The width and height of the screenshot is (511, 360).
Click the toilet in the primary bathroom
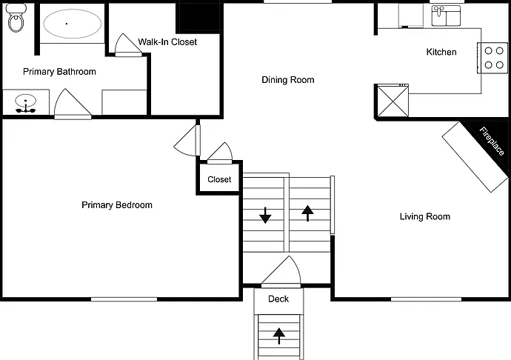pos(16,19)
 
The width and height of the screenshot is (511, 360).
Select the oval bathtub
pos(72,24)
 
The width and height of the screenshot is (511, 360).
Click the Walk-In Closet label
pos(167,42)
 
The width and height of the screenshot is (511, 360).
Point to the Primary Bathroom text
pos(60,72)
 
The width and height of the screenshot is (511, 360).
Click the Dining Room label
pos(288,80)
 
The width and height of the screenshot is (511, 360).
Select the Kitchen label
pos(441,52)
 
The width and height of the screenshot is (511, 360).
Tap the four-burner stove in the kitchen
pos(492,58)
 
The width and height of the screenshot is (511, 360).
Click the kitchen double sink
pos(446,16)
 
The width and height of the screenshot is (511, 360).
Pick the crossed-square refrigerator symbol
pos(393,101)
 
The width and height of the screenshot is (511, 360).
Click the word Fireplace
pos(492,141)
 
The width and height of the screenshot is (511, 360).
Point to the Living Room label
pos(425,216)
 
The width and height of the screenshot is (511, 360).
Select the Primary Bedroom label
pos(117,205)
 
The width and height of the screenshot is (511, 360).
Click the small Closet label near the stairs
pos(219,180)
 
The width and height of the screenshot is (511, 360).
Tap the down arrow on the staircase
pos(266,216)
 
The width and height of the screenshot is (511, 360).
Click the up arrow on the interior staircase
pos(307,213)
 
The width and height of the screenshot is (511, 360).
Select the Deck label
pos(278,299)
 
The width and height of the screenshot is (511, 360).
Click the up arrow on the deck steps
pos(279,336)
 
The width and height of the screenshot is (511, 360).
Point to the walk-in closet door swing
pos(128,44)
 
